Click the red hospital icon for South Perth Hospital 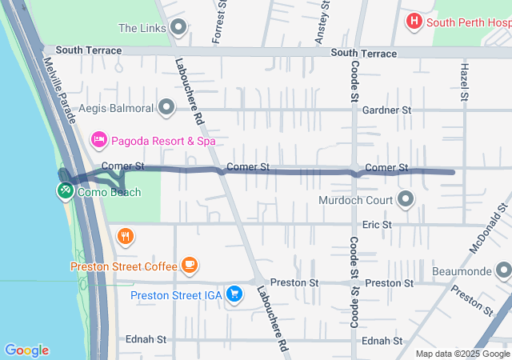click(415, 22)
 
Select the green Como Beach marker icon click(65, 192)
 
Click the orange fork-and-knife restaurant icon click(125, 236)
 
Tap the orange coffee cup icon click(189, 265)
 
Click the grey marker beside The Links click(178, 28)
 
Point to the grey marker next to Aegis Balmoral click(166, 106)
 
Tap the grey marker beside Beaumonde click(503, 272)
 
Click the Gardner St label click(386, 110)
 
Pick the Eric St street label click(376, 226)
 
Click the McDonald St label click(489, 233)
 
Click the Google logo click(26, 350)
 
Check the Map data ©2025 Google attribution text click(462, 354)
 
